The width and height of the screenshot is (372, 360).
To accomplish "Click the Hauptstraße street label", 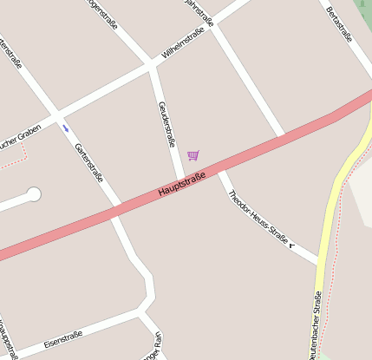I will click(182, 184).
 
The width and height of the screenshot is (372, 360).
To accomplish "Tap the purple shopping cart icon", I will click(193, 155).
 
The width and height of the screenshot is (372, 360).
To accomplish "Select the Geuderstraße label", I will click(167, 124).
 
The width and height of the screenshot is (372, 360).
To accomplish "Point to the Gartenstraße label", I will click(89, 162).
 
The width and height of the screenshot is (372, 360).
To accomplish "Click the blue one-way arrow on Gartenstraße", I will click(65, 128).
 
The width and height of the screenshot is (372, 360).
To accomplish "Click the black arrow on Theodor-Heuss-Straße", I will click(292, 245).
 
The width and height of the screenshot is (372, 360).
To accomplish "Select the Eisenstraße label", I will click(62, 337).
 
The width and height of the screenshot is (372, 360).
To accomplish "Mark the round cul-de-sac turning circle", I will click(34, 194).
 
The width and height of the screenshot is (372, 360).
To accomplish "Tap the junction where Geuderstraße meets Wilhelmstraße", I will click(153, 66).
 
